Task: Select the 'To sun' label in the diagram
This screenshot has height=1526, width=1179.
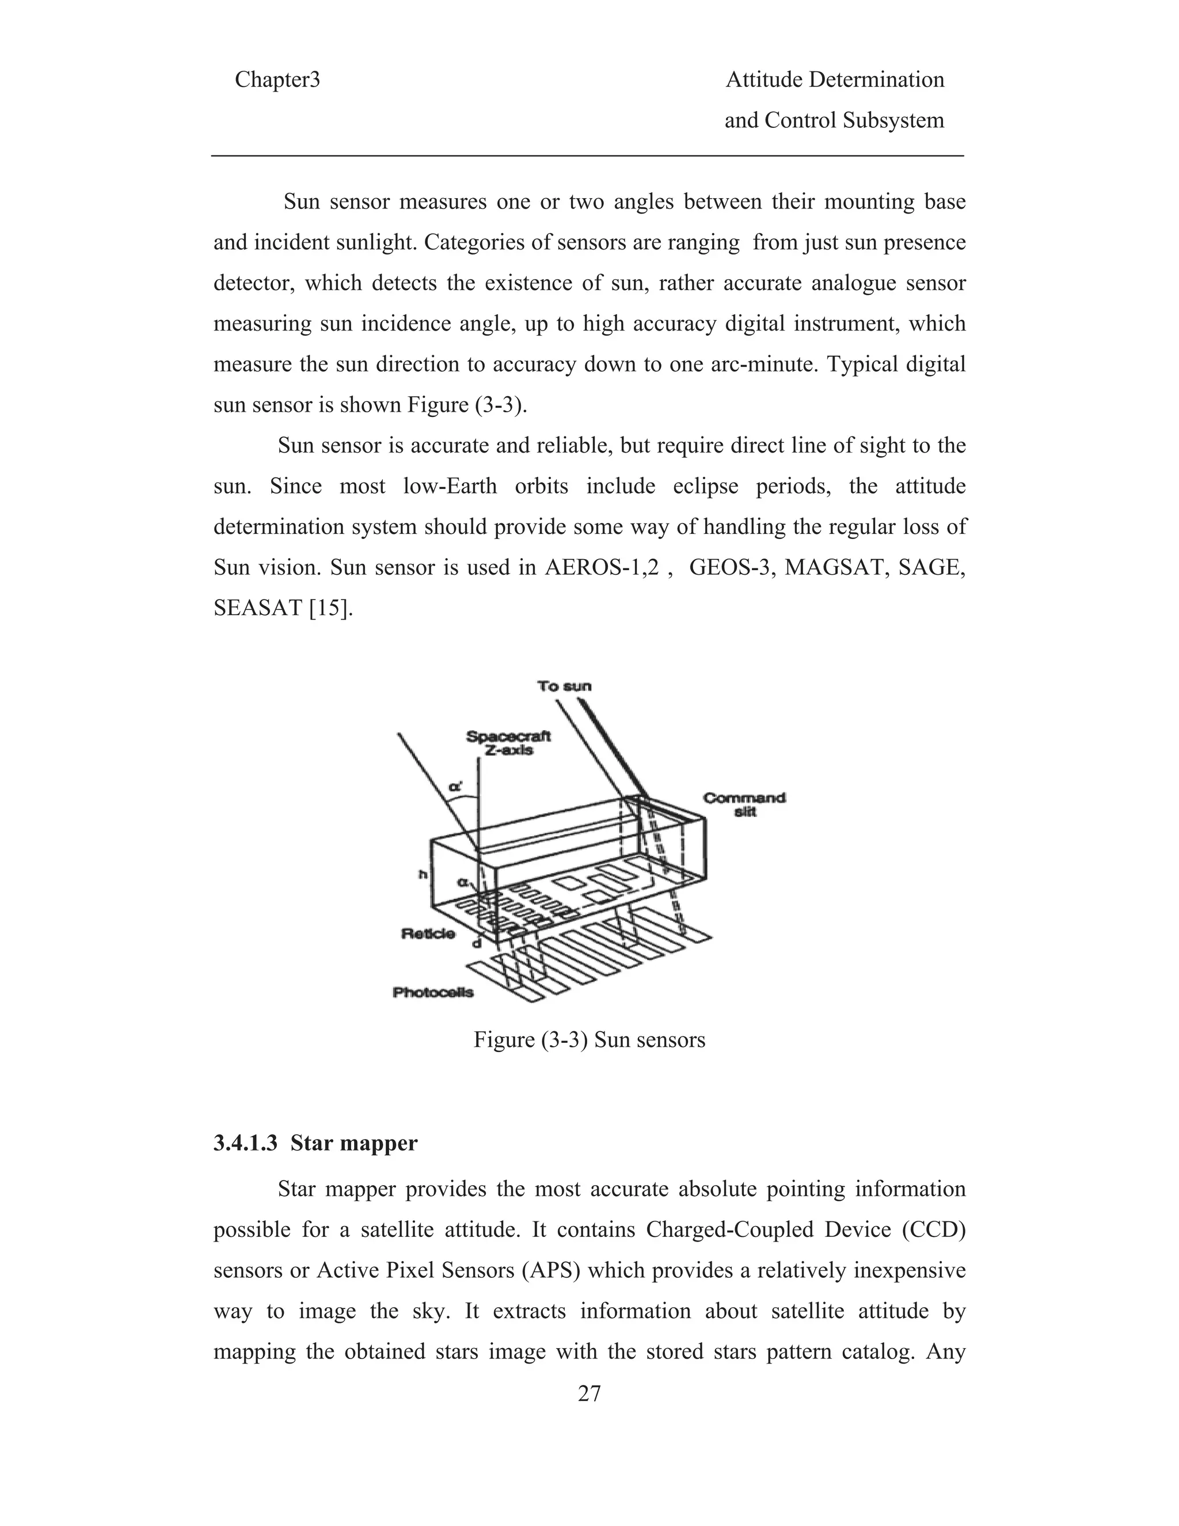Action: (564, 686)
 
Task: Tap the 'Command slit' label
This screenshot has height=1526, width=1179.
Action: (744, 804)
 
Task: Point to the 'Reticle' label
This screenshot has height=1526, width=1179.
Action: (428, 933)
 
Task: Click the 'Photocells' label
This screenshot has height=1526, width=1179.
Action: (433, 992)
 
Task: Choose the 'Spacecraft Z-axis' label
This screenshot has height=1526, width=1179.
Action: (508, 743)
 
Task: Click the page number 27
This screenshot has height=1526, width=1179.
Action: (589, 1394)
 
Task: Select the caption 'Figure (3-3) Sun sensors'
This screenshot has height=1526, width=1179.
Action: (589, 1039)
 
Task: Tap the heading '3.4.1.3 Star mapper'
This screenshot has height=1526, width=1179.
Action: (315, 1143)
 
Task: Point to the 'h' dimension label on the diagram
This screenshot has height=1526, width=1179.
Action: (423, 874)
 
